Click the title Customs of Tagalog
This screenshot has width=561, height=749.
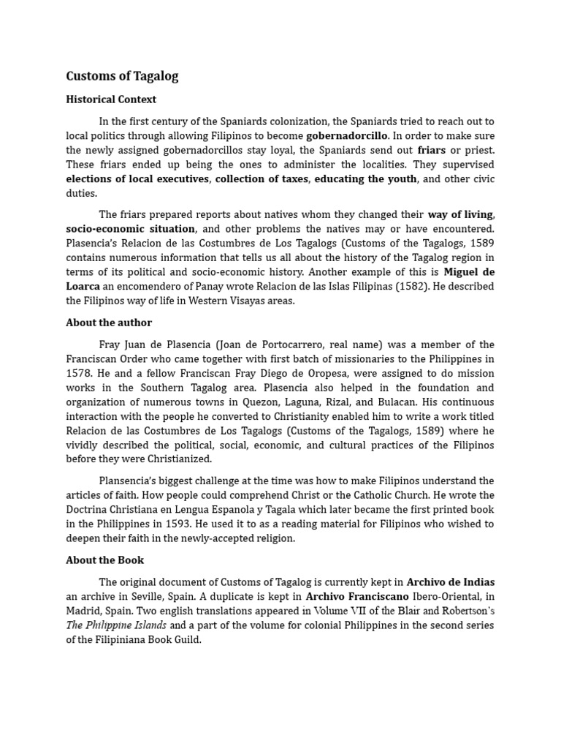click(122, 76)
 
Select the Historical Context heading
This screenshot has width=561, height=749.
click(111, 99)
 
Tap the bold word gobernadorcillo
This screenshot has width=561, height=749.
click(346, 136)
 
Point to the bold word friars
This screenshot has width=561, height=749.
click(431, 151)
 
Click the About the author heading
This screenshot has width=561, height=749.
click(109, 323)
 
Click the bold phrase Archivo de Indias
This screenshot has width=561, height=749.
click(450, 582)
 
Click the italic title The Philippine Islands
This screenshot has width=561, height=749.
click(116, 625)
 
